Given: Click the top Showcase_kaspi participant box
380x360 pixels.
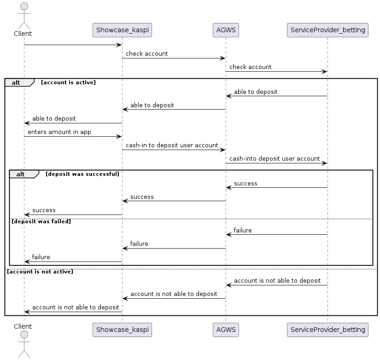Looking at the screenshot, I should click(x=122, y=30).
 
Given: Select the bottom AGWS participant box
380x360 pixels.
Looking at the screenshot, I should click(x=226, y=330).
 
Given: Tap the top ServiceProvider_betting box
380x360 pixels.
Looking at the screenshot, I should click(x=327, y=30).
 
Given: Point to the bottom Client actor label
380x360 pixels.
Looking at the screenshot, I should click(x=23, y=326).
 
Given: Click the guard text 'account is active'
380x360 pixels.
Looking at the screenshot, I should click(x=68, y=82).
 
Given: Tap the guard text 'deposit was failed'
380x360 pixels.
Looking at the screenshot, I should click(x=41, y=221).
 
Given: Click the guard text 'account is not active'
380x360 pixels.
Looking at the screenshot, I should click(x=40, y=272).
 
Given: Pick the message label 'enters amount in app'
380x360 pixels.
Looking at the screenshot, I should click(x=59, y=132).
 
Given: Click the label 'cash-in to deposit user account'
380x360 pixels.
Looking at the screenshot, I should click(x=172, y=145).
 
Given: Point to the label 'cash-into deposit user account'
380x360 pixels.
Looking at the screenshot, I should click(x=275, y=158).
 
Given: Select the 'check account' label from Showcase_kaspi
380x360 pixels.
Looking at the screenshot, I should click(x=147, y=53).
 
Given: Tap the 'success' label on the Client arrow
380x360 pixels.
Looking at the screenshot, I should click(x=44, y=210).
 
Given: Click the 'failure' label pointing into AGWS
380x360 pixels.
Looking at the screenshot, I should click(x=243, y=230).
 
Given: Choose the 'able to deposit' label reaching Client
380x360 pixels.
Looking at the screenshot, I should click(x=54, y=118).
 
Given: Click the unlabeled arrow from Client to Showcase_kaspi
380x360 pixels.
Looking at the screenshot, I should click(x=73, y=45).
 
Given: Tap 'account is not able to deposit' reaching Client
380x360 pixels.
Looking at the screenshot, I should click(x=76, y=307).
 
